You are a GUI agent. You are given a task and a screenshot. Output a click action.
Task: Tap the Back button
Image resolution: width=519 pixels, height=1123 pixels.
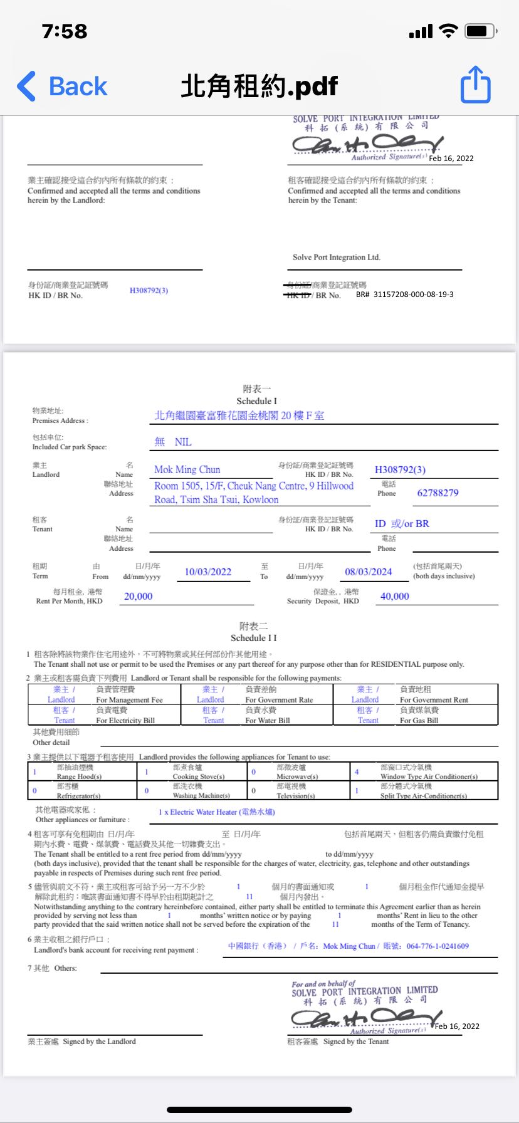coord(63,86)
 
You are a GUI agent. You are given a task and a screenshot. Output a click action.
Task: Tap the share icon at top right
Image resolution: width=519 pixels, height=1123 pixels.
coord(475,85)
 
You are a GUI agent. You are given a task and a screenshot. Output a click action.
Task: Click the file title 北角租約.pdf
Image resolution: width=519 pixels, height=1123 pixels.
coord(259,86)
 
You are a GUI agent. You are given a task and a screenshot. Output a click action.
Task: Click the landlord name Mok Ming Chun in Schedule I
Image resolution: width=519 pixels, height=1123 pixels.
coord(187,469)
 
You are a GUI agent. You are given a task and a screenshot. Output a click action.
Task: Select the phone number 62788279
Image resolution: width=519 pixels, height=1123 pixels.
coord(438,493)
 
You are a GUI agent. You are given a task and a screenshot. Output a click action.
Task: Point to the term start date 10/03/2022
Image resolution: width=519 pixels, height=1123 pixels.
coord(207,572)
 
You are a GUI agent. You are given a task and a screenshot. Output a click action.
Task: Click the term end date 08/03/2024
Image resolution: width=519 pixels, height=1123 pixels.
coord(368,572)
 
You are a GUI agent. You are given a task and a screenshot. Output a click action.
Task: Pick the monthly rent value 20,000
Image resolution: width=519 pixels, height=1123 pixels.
coord(138,596)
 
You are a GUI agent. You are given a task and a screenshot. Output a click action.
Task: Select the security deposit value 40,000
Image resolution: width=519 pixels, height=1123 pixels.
coord(394,596)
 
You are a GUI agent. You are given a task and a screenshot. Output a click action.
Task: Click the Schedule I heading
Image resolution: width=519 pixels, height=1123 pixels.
coord(256,401)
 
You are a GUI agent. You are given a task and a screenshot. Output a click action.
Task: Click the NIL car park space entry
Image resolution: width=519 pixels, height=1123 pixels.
coord(182,442)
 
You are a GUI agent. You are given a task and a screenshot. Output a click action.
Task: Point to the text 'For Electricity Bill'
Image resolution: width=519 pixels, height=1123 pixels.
coord(125,721)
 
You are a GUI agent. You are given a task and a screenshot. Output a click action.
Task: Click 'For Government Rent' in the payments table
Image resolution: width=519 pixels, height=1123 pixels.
coord(434,700)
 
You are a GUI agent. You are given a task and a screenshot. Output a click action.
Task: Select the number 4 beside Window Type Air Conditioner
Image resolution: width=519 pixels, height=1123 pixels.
coord(357,772)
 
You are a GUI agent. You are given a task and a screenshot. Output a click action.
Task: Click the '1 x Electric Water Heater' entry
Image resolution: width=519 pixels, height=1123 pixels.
coord(216,812)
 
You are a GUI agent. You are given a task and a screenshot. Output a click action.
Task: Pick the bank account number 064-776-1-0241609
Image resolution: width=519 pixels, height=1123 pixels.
coord(437,946)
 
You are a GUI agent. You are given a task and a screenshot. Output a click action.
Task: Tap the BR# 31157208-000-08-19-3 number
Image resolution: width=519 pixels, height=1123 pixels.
coord(404,295)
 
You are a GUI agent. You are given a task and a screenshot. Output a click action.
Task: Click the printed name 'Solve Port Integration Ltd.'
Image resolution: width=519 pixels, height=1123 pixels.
coord(336,258)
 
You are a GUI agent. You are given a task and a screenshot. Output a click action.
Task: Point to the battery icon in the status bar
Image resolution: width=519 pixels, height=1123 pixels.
coord(481,31)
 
